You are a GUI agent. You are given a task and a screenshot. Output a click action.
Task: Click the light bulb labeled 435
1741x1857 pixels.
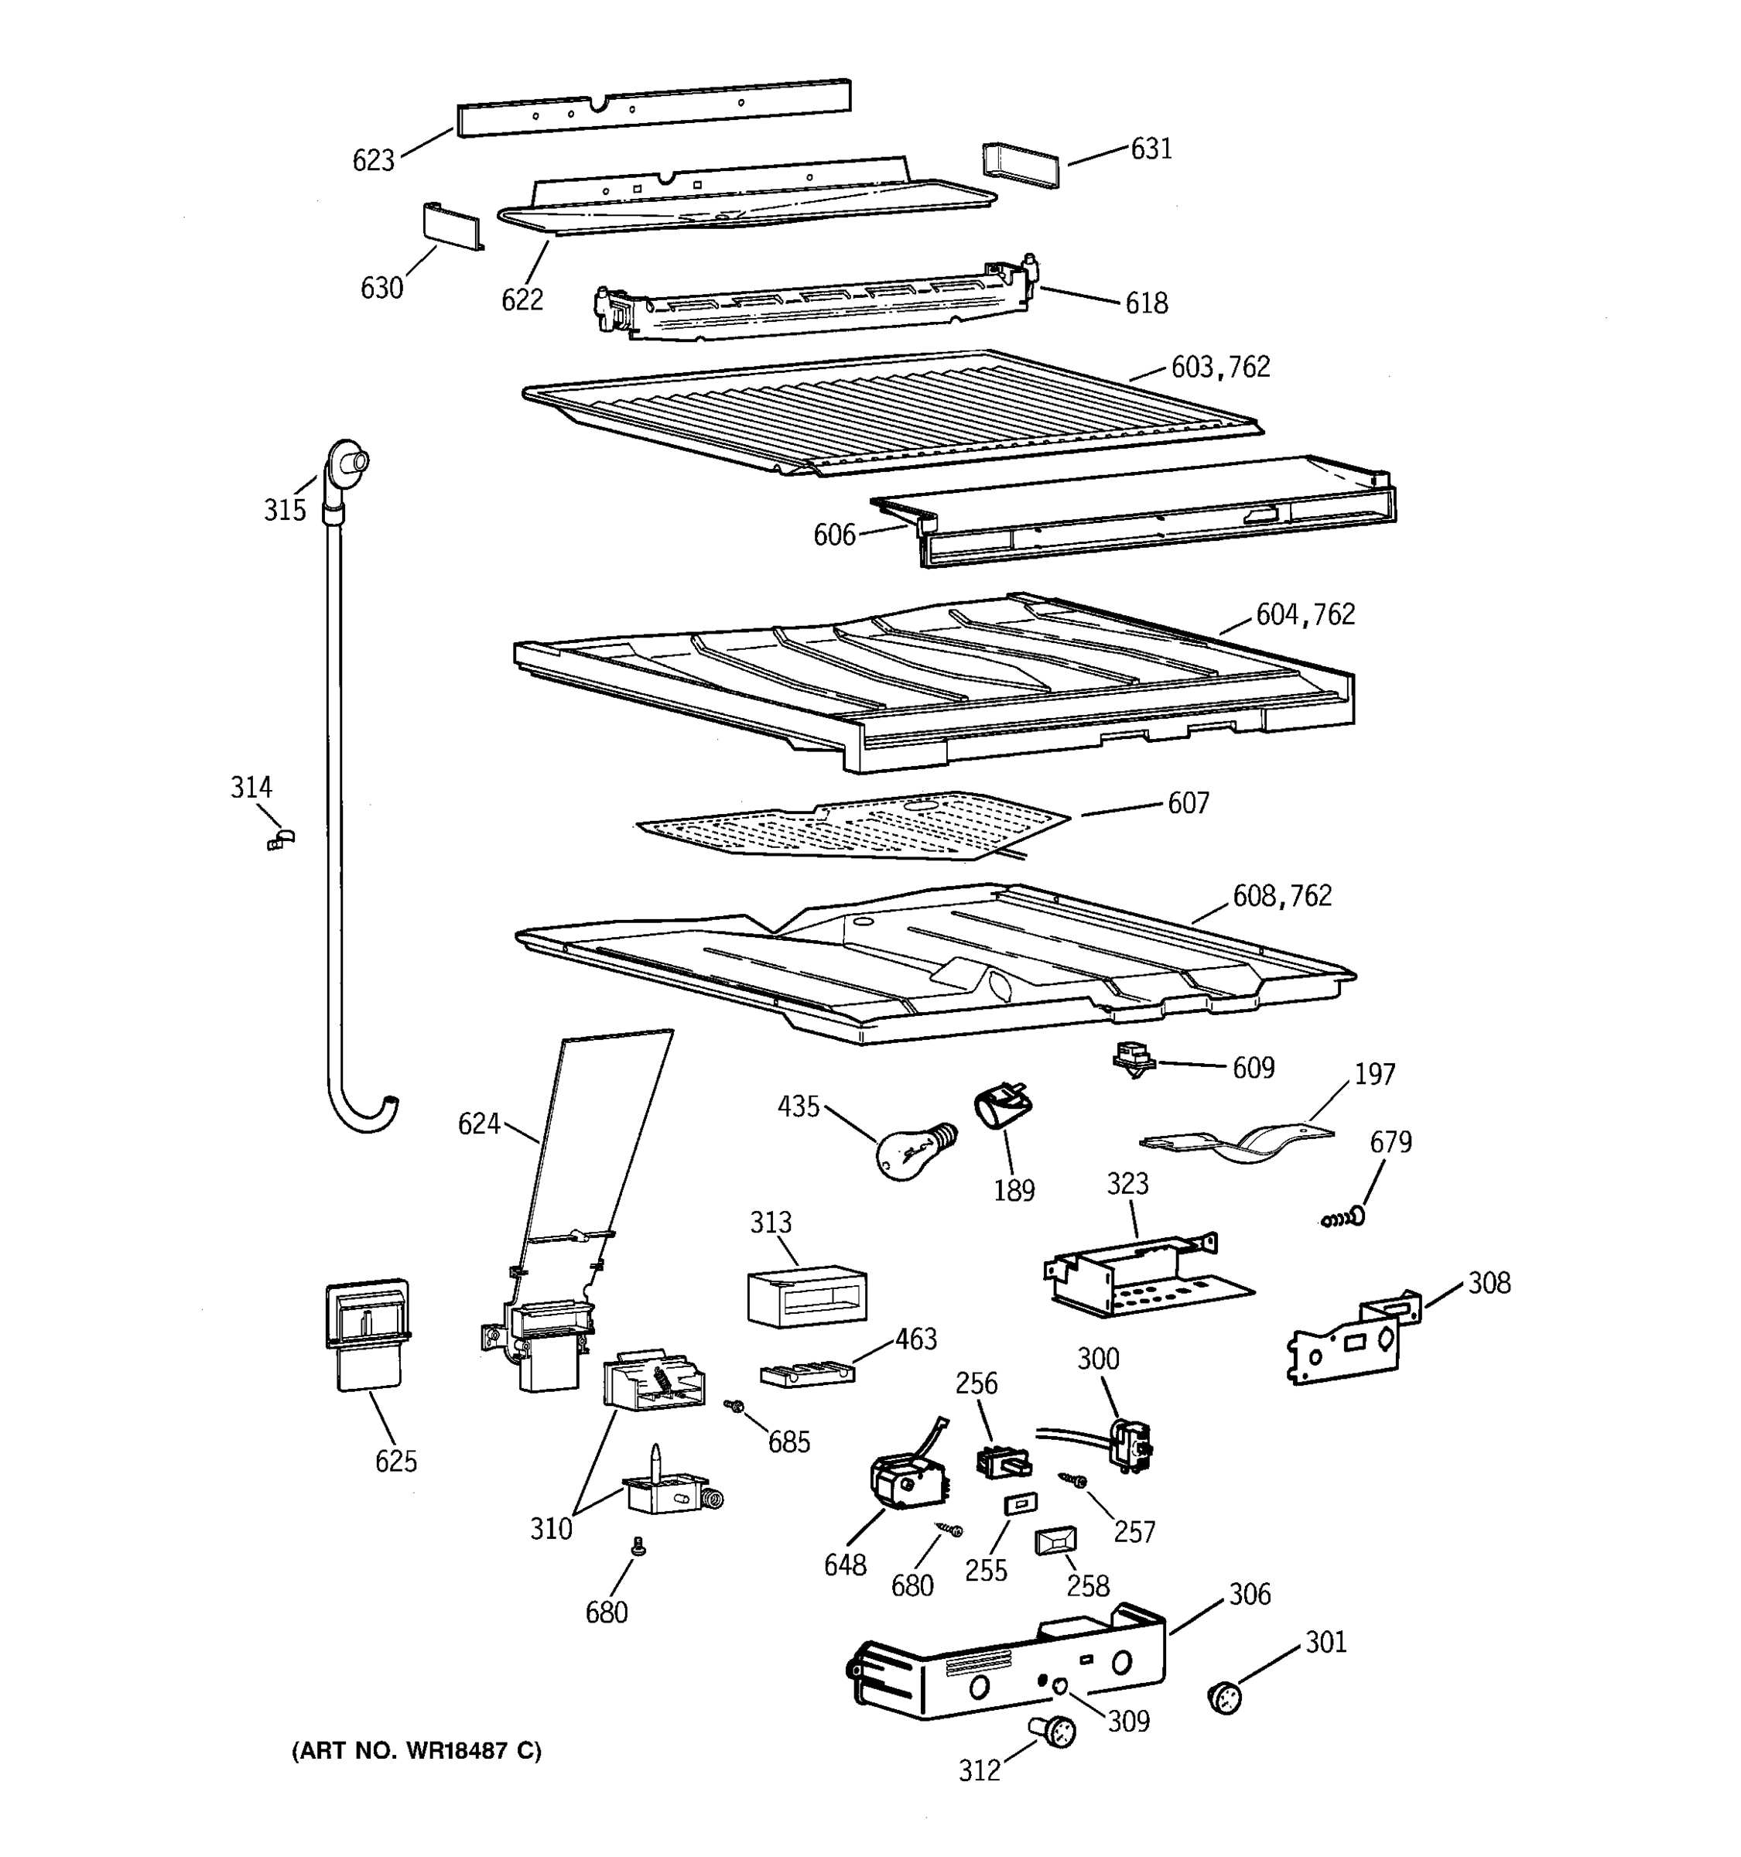pos(914,1151)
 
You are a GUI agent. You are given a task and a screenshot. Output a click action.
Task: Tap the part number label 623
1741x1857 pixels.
pos(373,161)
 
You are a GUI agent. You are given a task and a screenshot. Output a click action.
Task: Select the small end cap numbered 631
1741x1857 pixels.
pos(1021,166)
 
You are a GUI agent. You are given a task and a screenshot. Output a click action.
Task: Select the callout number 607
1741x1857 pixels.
pos(1187,803)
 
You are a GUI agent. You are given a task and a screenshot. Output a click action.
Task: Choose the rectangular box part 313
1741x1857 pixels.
pos(807,1294)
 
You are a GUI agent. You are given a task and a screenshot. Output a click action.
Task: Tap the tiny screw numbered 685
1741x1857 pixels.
pos(735,1406)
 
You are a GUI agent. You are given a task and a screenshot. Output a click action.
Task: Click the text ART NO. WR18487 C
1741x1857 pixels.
pos(416,1750)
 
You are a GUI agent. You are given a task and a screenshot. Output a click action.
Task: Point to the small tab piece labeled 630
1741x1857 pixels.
pos(453,226)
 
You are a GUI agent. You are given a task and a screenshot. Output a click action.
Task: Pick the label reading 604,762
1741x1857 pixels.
pos(1304,614)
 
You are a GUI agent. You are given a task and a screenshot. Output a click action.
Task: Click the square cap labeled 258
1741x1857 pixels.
pos(1055,1541)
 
